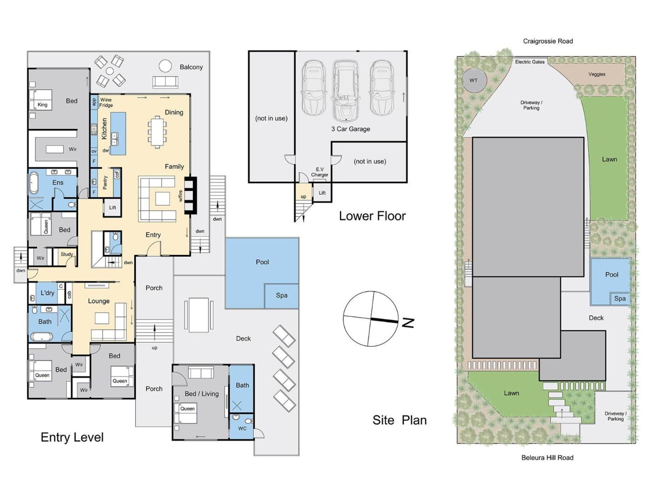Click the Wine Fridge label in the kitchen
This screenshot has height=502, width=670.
point(106,102)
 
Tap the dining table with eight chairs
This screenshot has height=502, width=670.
point(157,132)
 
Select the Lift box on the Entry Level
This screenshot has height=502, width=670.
point(112,207)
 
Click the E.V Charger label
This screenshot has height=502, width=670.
point(320,172)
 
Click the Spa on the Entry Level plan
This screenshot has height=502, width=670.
point(282,296)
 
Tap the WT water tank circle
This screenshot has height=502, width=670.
point(474,80)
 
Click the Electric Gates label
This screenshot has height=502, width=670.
point(530,62)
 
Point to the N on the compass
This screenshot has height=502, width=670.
point(408,323)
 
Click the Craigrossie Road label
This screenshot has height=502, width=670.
point(548,41)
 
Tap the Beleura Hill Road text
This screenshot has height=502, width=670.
point(547,458)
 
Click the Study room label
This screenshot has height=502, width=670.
point(67,254)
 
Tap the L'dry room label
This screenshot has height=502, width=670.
point(47,293)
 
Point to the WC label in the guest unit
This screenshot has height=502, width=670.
point(242,428)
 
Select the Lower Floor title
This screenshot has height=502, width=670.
point(372,216)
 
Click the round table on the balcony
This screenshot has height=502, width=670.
point(165,66)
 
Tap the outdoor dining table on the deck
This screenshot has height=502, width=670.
point(199,315)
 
